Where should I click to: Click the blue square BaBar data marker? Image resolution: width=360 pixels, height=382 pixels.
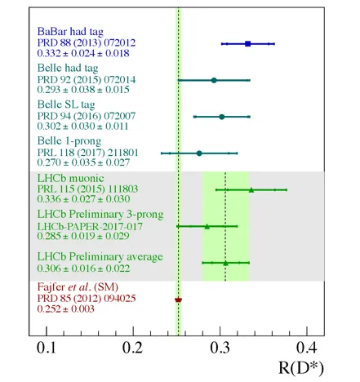tap(247, 43)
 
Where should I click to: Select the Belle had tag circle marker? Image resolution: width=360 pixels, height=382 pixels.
tap(214, 80)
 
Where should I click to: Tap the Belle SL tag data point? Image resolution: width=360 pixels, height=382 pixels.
tap(222, 117)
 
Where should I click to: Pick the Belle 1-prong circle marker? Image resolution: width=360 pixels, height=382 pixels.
tap(199, 153)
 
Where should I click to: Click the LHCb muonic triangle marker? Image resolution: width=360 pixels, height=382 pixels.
tap(251, 190)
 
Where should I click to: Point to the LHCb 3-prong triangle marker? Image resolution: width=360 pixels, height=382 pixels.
tap(207, 226)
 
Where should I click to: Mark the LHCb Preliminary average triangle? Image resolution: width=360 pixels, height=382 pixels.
tap(225, 263)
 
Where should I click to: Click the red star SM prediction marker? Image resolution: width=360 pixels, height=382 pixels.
tap(178, 300)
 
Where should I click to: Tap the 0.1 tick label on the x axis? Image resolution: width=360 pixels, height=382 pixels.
tap(47, 348)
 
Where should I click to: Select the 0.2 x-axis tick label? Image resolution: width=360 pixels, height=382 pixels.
tap(132, 348)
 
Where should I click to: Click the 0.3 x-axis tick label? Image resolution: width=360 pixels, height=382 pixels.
tap(220, 348)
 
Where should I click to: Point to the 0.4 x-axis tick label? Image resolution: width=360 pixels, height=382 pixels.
tap(307, 348)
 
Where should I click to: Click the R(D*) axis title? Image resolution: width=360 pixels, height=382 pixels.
tap(301, 368)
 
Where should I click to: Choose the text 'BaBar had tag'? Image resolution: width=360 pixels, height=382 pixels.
tap(70, 32)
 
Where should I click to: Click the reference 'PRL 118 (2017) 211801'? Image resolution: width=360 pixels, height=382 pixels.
tap(87, 153)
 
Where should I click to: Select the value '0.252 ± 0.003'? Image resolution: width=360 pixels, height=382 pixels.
tap(65, 309)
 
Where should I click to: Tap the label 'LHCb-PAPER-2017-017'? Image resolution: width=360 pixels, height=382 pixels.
tap(90, 226)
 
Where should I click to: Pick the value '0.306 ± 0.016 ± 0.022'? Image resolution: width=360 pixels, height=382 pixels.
tap(83, 269)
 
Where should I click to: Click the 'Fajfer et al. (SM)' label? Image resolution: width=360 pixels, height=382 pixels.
tap(78, 287)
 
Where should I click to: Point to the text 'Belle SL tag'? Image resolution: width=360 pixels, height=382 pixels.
tap(66, 104)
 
